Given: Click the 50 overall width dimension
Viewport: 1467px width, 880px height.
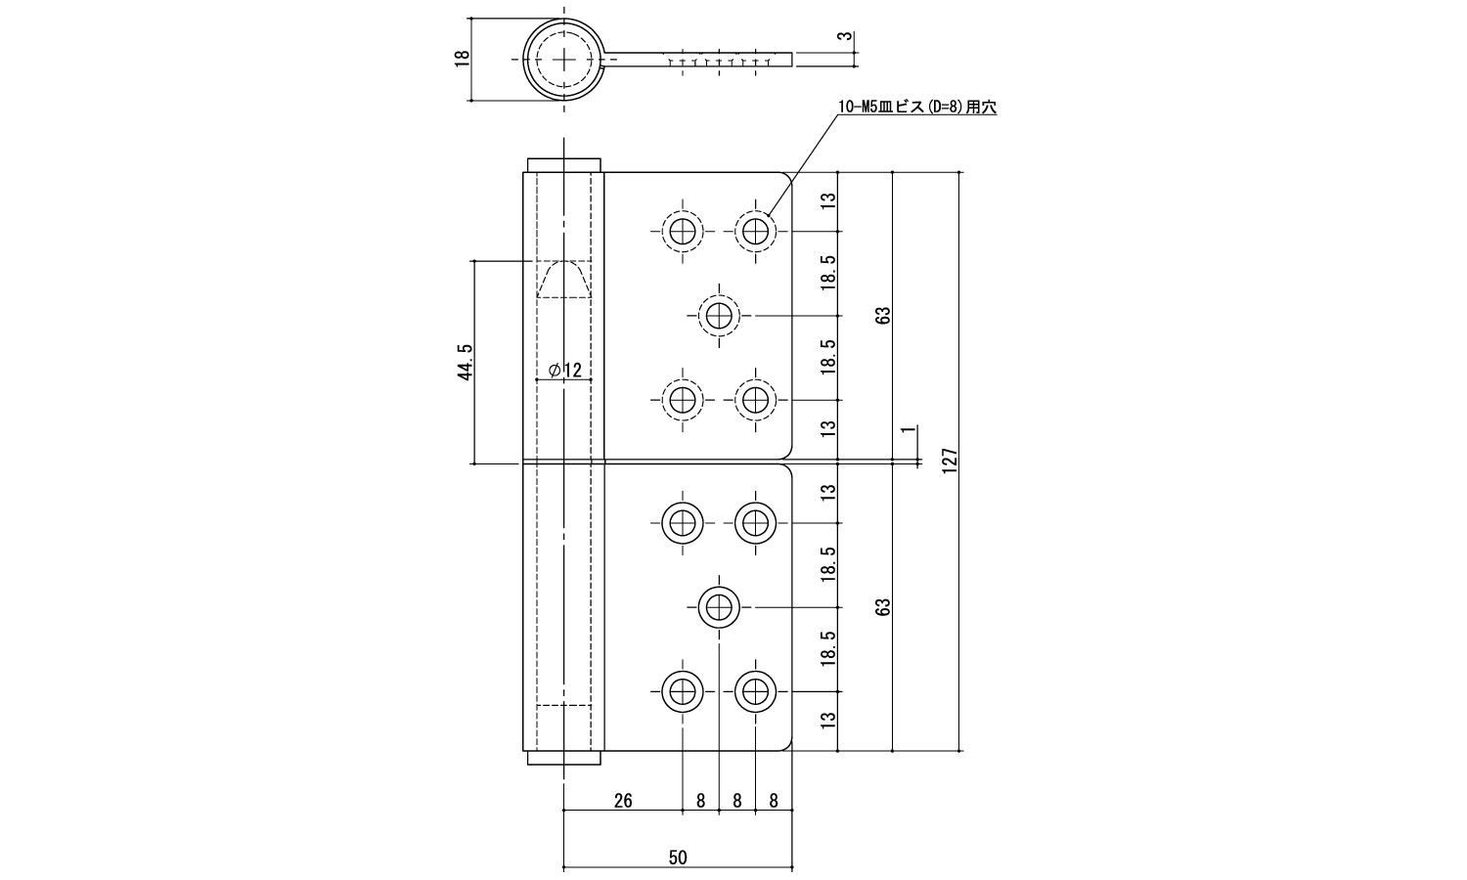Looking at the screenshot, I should (x=678, y=858).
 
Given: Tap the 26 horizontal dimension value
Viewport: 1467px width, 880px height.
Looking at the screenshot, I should (x=622, y=801).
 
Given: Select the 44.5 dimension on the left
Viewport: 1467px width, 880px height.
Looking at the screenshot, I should (x=466, y=361).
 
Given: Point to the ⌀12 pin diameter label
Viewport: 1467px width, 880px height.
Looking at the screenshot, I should (x=564, y=370).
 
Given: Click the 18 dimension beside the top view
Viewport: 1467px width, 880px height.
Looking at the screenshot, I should (x=463, y=58).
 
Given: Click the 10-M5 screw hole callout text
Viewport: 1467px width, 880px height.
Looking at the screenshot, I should (x=916, y=109).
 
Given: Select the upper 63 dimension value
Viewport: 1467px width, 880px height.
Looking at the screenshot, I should (x=883, y=316).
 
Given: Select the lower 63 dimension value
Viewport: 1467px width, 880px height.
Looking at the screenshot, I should (x=883, y=606).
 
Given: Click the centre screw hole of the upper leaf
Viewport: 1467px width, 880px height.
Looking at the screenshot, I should (x=719, y=316).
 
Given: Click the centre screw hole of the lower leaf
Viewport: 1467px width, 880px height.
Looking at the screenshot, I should (x=719, y=606).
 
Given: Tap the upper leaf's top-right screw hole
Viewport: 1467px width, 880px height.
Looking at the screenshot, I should (x=754, y=231).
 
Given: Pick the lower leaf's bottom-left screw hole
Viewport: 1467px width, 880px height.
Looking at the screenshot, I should (x=682, y=691).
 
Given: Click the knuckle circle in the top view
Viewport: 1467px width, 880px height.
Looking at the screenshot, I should (x=564, y=58).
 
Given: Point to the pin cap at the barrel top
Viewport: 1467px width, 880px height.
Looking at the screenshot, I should (x=563, y=163).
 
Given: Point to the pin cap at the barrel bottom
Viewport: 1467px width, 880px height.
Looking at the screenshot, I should (x=563, y=758).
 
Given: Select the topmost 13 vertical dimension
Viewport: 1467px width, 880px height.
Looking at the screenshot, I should (x=828, y=201).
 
